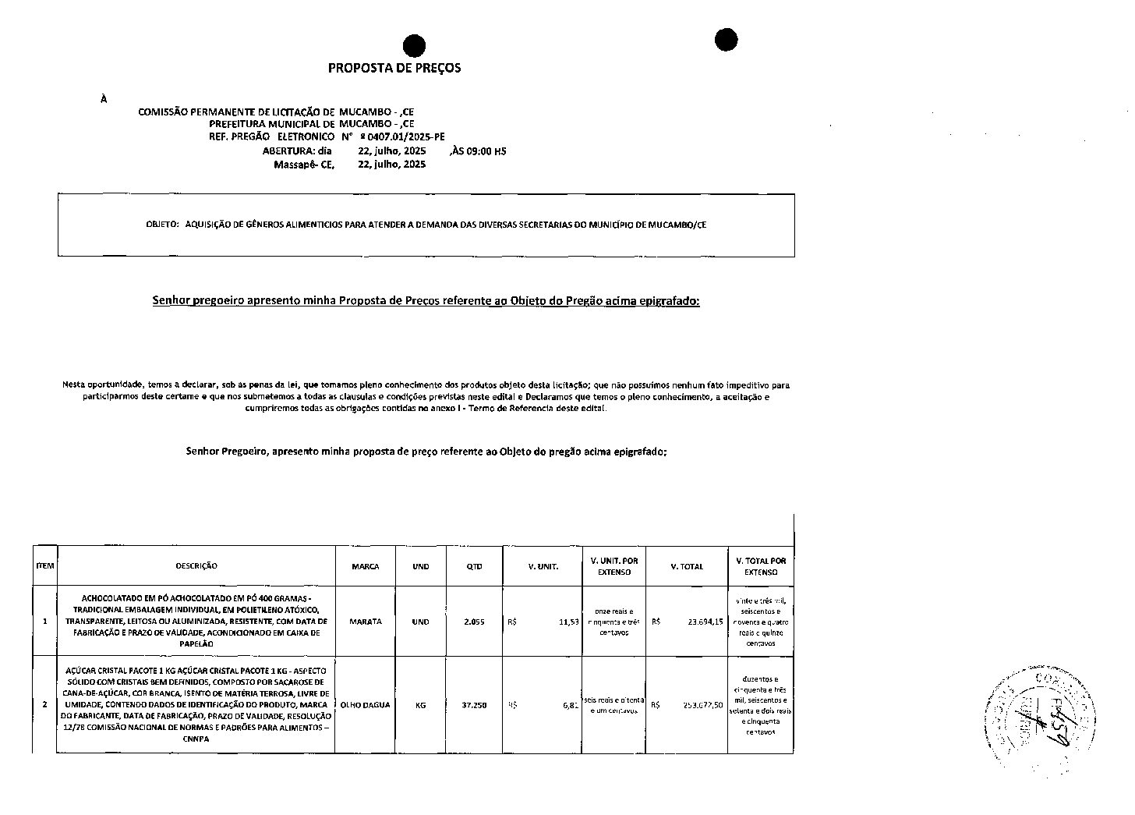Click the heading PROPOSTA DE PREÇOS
coord(394,68)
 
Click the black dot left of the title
coord(414,46)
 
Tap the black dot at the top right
coord(726,40)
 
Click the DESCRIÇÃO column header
coord(196,566)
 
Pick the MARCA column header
coord(366,566)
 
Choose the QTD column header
coord(474,566)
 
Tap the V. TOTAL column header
coord(687,566)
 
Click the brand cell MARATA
coord(366,622)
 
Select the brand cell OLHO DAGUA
coord(366,705)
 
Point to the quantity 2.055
coord(474,622)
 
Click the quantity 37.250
coord(474,705)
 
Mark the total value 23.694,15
coord(705,622)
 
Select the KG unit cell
coord(420,705)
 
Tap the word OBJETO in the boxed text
coord(162,225)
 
